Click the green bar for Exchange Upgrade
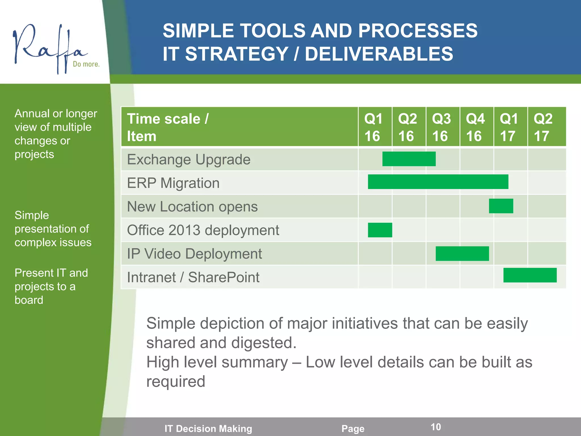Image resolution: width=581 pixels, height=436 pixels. (x=409, y=159)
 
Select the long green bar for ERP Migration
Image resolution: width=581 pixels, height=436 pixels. (x=438, y=182)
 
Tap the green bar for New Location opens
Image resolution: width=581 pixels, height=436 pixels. (x=501, y=206)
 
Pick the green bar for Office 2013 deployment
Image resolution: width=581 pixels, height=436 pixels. (x=380, y=230)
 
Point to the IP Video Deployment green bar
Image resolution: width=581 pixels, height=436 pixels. (x=462, y=253)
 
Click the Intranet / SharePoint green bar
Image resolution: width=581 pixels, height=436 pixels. (x=530, y=275)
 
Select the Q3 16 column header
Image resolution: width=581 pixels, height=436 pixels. (x=441, y=127)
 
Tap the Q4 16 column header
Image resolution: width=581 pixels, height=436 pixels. (x=475, y=127)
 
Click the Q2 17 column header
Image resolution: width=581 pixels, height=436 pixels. (x=543, y=127)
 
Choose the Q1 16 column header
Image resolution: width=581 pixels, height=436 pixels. (x=373, y=127)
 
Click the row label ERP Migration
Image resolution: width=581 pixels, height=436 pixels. (x=173, y=183)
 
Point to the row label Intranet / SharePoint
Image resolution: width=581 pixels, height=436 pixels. (x=193, y=277)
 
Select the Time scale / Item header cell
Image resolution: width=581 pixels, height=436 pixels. (x=168, y=127)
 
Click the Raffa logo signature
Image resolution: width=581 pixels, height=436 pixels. (x=48, y=47)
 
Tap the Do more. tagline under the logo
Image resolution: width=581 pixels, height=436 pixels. (x=86, y=64)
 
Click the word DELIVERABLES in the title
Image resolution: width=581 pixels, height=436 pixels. (x=379, y=54)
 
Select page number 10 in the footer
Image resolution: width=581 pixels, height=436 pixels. (x=436, y=427)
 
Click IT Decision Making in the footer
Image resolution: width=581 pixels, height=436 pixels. (x=208, y=429)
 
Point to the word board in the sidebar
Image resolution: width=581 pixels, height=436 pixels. (x=29, y=300)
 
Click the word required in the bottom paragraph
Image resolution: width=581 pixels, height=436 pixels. (x=176, y=381)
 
